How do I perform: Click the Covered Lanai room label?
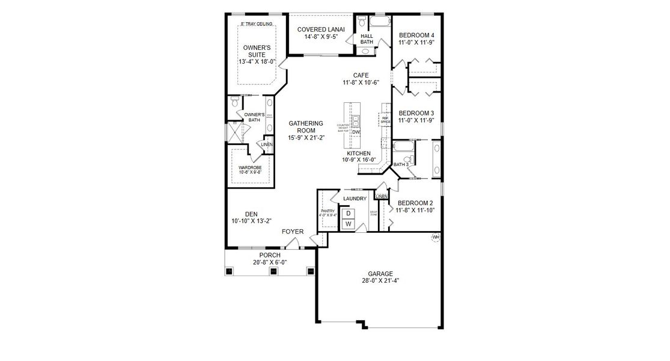[x=320, y=29]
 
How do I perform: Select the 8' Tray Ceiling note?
[x=256, y=23]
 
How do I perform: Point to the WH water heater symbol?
[x=436, y=237]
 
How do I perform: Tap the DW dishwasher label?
[x=356, y=132]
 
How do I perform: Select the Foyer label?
[x=293, y=232]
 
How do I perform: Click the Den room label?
[x=251, y=214]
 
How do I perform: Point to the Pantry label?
[x=327, y=211]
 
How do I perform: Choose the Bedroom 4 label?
[x=416, y=35]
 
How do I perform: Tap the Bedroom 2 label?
[x=415, y=203]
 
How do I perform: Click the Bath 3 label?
[x=401, y=164]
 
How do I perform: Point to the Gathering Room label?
[x=305, y=127]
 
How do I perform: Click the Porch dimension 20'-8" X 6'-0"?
[x=270, y=262]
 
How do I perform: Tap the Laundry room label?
[x=355, y=199]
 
